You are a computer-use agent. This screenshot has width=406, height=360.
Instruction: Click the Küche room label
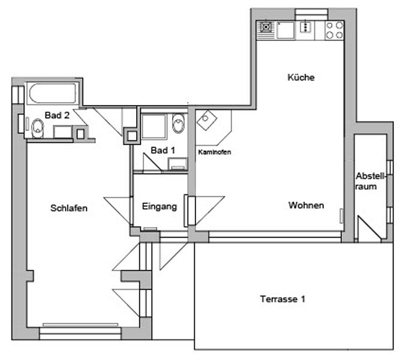pos(301,77)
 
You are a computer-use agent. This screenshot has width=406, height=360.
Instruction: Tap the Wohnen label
pos(306,205)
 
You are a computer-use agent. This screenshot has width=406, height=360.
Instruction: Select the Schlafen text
pos(69,208)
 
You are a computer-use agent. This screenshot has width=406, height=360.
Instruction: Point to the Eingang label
pos(160,206)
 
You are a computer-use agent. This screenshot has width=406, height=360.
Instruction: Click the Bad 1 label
pos(163,150)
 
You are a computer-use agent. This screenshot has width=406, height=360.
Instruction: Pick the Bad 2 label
pos(57,115)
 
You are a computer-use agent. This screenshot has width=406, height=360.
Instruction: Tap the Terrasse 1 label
pos(282,299)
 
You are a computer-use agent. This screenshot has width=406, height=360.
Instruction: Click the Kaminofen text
pos(214,152)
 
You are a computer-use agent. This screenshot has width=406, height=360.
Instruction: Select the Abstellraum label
pos(369,181)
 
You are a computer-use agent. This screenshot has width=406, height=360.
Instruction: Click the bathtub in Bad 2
pos(52,93)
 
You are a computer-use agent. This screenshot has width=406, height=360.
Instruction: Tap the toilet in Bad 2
pos(37,128)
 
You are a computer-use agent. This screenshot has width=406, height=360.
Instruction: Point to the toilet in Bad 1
pos(178,123)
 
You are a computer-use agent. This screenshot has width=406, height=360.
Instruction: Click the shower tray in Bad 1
pos(154,127)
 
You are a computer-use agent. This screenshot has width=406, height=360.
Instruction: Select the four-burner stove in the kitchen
pos(334,31)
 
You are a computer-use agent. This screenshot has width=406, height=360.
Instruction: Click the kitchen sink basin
pos(285,31)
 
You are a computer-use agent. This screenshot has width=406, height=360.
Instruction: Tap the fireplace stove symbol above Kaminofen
pos(207,121)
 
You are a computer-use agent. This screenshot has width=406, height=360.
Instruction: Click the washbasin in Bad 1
pos(178,164)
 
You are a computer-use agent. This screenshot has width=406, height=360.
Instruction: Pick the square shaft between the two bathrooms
pos(132,136)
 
